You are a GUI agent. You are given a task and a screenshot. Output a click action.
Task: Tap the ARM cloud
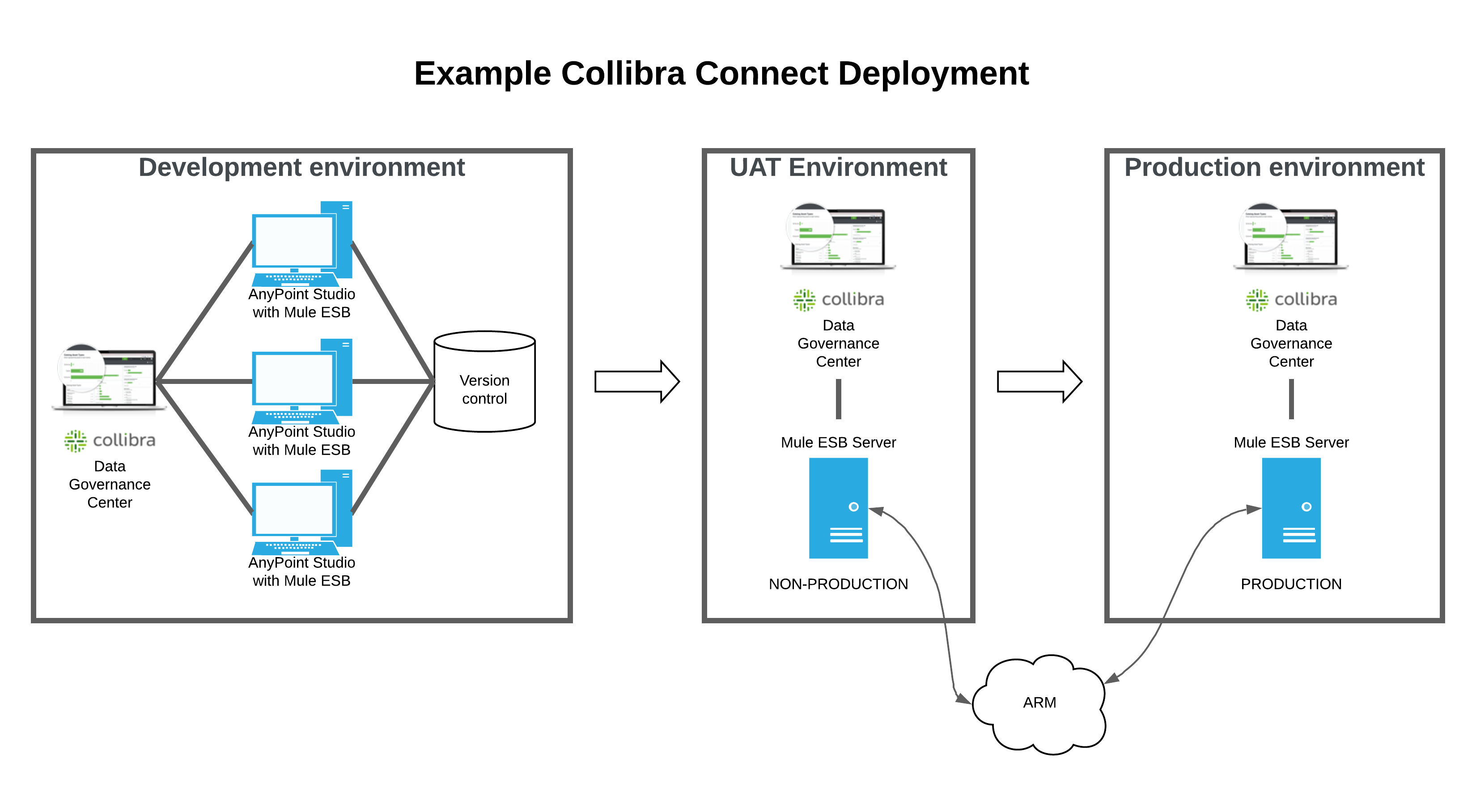click(x=1039, y=703)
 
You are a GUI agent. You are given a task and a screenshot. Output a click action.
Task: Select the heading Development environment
click(x=301, y=168)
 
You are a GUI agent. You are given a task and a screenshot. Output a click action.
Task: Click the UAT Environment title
click(x=838, y=168)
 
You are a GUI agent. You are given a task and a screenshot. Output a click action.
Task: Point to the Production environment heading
click(x=1274, y=168)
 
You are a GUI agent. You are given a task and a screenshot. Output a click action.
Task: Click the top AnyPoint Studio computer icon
click(x=302, y=243)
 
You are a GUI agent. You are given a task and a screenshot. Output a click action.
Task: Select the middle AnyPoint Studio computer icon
click(x=302, y=381)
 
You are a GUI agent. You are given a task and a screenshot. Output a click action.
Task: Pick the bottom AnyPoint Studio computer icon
click(x=302, y=512)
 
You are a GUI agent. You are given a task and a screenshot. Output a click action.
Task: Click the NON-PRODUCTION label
click(x=838, y=584)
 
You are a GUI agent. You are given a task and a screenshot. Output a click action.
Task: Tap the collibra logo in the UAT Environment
click(x=838, y=300)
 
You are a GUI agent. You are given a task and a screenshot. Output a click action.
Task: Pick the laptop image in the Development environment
click(x=109, y=378)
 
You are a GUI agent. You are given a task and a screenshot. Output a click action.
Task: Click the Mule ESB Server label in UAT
click(x=838, y=443)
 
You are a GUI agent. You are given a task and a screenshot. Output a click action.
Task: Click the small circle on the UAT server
click(x=854, y=507)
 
